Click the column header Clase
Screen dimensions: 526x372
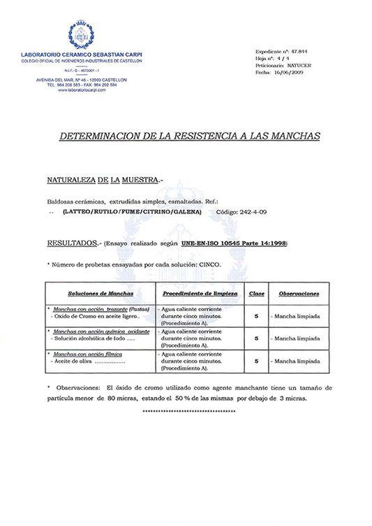[257, 294]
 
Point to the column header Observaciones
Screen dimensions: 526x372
[299, 294]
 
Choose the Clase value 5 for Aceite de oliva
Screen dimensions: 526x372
[257, 361]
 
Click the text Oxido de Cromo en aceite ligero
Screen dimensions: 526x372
[90, 315]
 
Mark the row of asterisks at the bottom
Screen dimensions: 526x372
[188, 412]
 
